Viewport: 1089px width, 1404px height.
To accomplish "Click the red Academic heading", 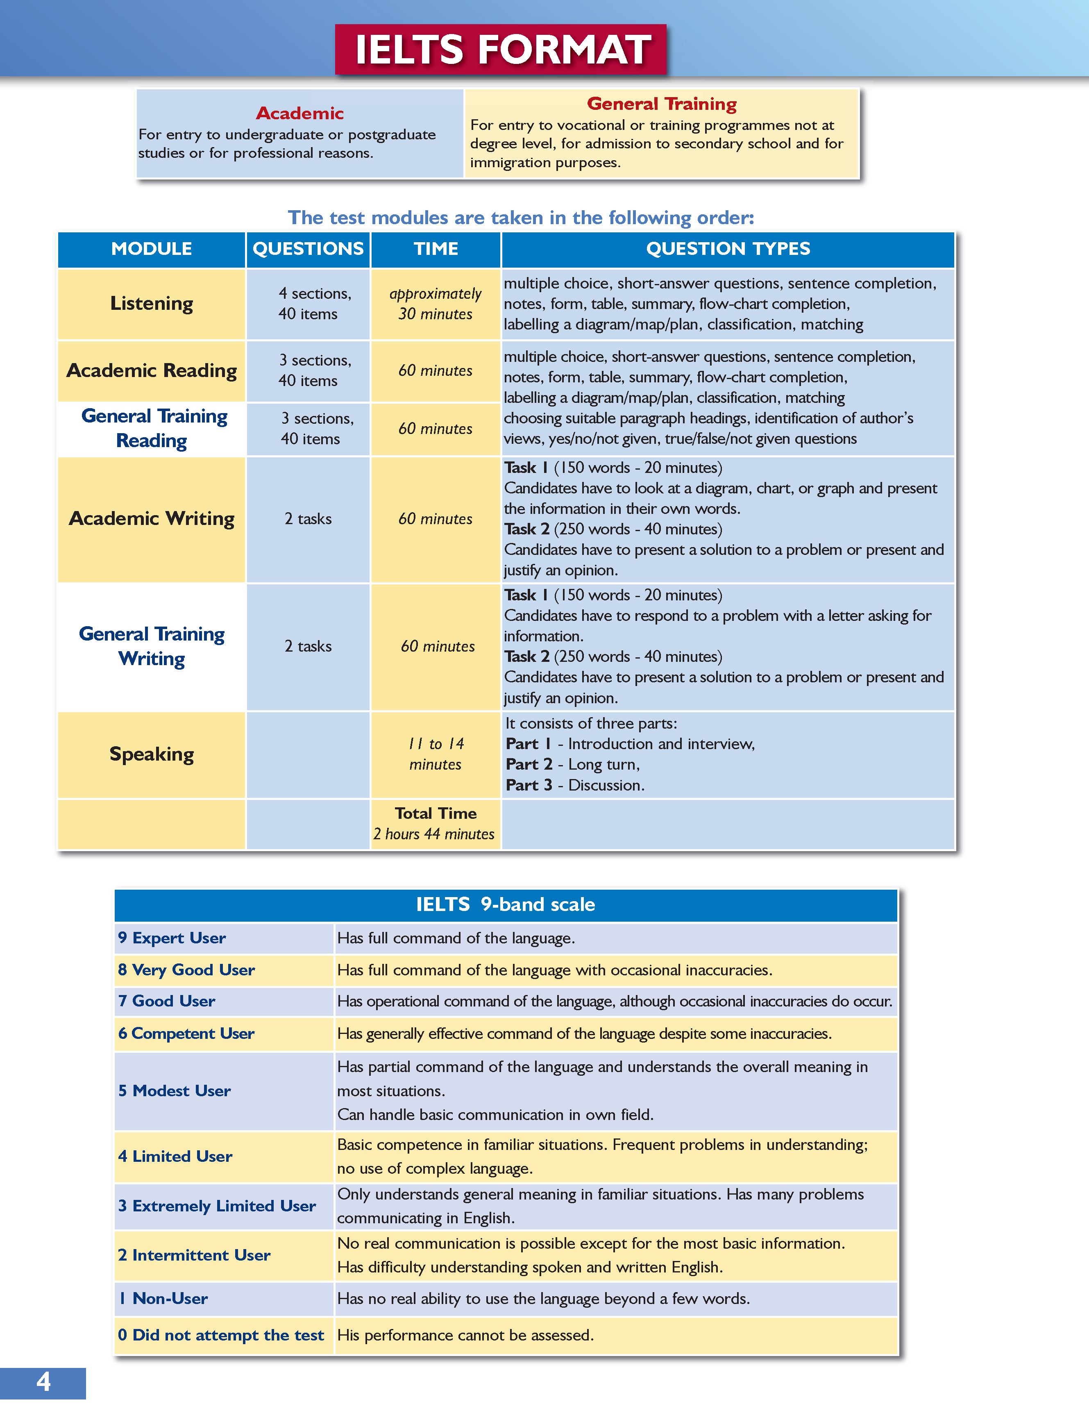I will click(x=299, y=113).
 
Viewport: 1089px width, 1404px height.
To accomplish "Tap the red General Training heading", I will click(x=662, y=104).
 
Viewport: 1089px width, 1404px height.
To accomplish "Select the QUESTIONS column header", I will click(x=308, y=249).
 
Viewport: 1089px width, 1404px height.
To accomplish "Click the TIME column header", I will click(x=436, y=249).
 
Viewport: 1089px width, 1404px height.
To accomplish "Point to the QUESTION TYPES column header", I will click(x=728, y=249).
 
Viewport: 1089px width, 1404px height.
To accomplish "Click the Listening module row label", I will click(x=152, y=303).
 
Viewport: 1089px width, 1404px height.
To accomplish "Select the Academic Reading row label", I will click(x=152, y=371).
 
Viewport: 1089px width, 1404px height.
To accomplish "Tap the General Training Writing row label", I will click(x=152, y=646).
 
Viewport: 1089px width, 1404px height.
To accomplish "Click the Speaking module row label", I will click(x=152, y=754).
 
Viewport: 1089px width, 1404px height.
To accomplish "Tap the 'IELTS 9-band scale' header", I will click(x=505, y=904).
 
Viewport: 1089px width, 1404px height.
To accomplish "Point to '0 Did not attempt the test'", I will click(x=221, y=1335).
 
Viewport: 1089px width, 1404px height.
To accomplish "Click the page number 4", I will click(x=43, y=1382).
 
